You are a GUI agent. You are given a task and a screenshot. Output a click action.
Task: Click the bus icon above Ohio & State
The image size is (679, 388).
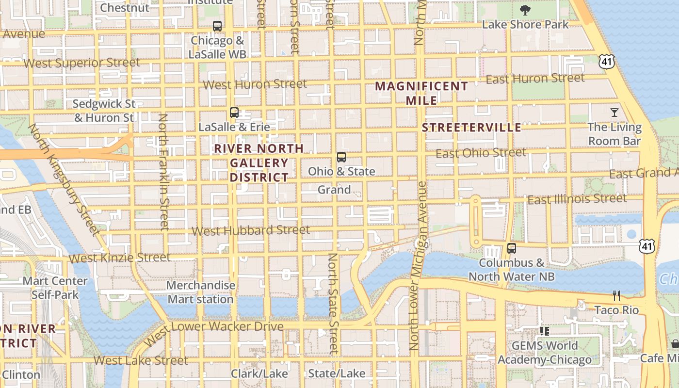(341, 157)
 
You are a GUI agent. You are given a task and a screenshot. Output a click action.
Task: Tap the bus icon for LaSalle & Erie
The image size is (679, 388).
(234, 113)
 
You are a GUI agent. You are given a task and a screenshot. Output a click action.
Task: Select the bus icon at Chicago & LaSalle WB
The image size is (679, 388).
(217, 26)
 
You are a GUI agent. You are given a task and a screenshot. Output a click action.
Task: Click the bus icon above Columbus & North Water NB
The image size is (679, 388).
(512, 248)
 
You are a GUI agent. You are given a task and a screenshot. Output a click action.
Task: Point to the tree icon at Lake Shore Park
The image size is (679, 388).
(525, 10)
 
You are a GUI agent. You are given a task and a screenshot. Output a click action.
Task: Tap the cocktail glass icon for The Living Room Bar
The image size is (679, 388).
(614, 113)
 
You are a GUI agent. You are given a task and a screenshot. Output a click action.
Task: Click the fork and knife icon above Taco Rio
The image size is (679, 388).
(616, 295)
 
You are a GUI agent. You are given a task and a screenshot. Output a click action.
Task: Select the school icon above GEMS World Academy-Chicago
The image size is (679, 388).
(544, 331)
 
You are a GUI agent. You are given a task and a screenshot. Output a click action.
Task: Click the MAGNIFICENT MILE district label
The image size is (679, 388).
(421, 93)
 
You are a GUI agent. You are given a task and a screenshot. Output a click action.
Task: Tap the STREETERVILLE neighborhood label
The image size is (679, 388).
(471, 128)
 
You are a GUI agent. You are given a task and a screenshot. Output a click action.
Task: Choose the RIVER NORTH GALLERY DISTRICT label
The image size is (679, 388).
(259, 163)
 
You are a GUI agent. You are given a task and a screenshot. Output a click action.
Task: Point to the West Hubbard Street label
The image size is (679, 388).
(251, 230)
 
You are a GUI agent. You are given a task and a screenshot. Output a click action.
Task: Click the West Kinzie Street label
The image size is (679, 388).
(119, 258)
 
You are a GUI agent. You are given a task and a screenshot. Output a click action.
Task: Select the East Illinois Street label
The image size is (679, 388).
(577, 199)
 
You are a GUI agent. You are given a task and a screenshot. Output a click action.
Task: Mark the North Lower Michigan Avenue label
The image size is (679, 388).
(418, 266)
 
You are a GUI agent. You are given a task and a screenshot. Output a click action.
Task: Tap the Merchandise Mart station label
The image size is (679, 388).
(201, 292)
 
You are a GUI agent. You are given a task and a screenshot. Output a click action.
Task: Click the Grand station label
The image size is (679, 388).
(334, 190)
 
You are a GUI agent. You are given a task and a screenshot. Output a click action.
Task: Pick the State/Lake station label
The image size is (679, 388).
(337, 373)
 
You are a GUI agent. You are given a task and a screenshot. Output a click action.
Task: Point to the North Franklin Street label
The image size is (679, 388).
(163, 172)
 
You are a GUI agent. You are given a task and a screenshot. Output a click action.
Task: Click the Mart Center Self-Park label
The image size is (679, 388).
(55, 288)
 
